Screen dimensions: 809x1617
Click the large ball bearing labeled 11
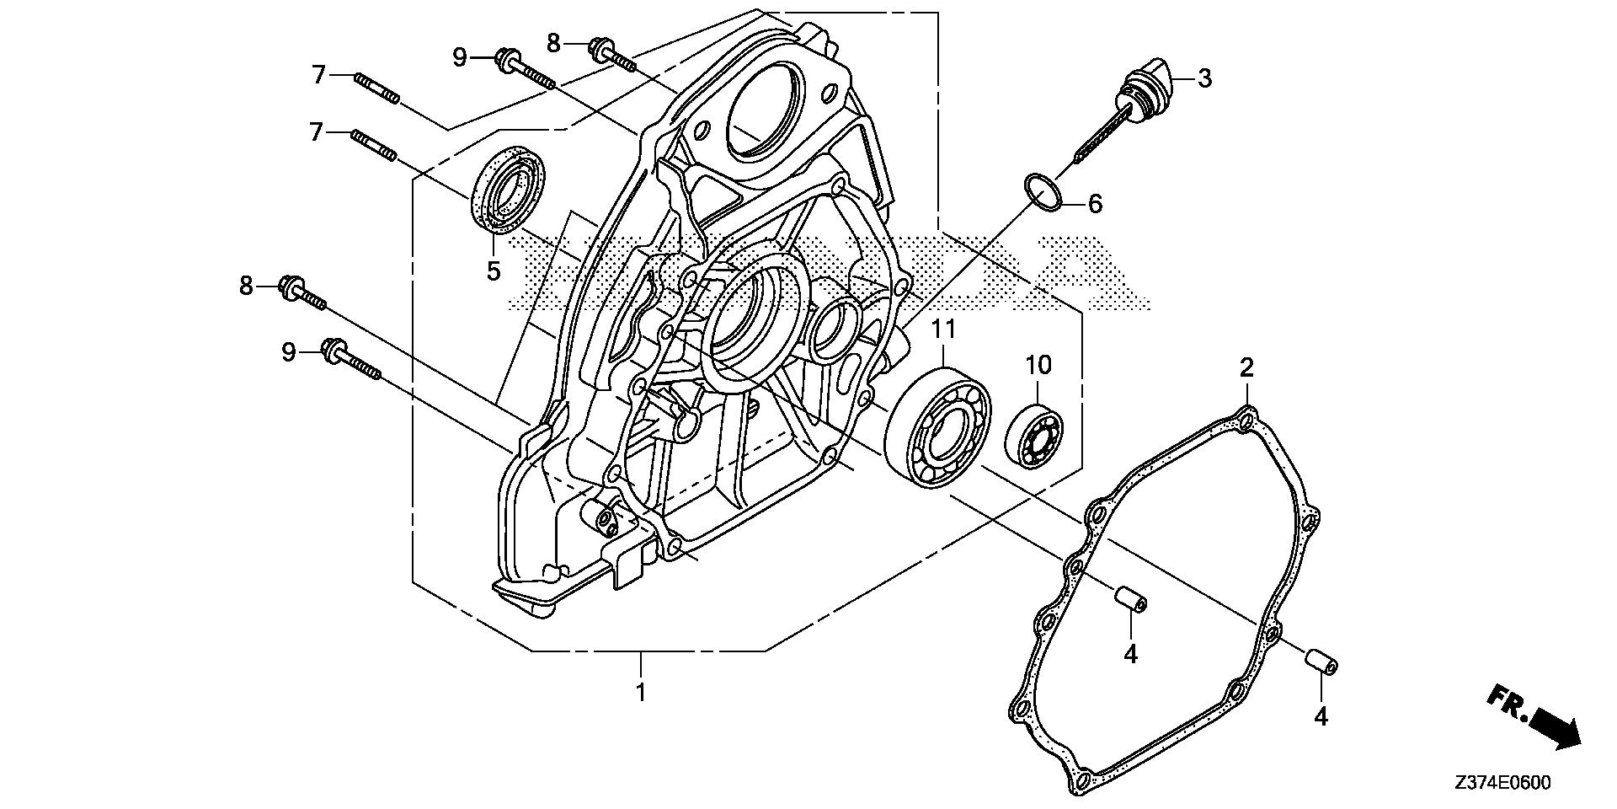937,426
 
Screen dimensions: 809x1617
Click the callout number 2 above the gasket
1246,367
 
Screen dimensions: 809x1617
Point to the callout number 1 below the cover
641,693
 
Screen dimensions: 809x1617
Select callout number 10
1038,365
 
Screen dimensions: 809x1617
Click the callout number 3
1204,78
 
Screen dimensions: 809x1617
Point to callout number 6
1094,203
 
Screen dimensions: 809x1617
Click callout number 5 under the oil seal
493,271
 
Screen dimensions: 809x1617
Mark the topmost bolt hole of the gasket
1247,419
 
